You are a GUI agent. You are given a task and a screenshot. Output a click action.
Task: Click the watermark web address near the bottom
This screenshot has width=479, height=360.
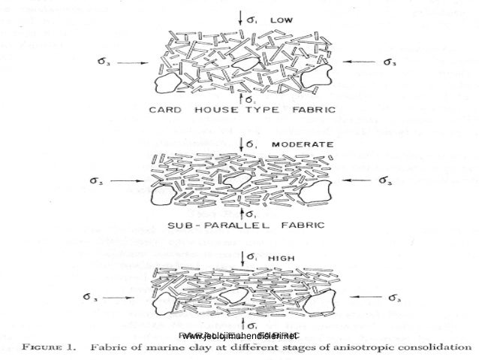pyautogui.click(x=239, y=335)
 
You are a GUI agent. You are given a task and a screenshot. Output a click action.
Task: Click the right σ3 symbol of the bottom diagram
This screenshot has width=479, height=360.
pyautogui.click(x=390, y=298)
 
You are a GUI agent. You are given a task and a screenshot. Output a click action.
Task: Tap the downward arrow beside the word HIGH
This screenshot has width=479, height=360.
pyautogui.click(x=240, y=259)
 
